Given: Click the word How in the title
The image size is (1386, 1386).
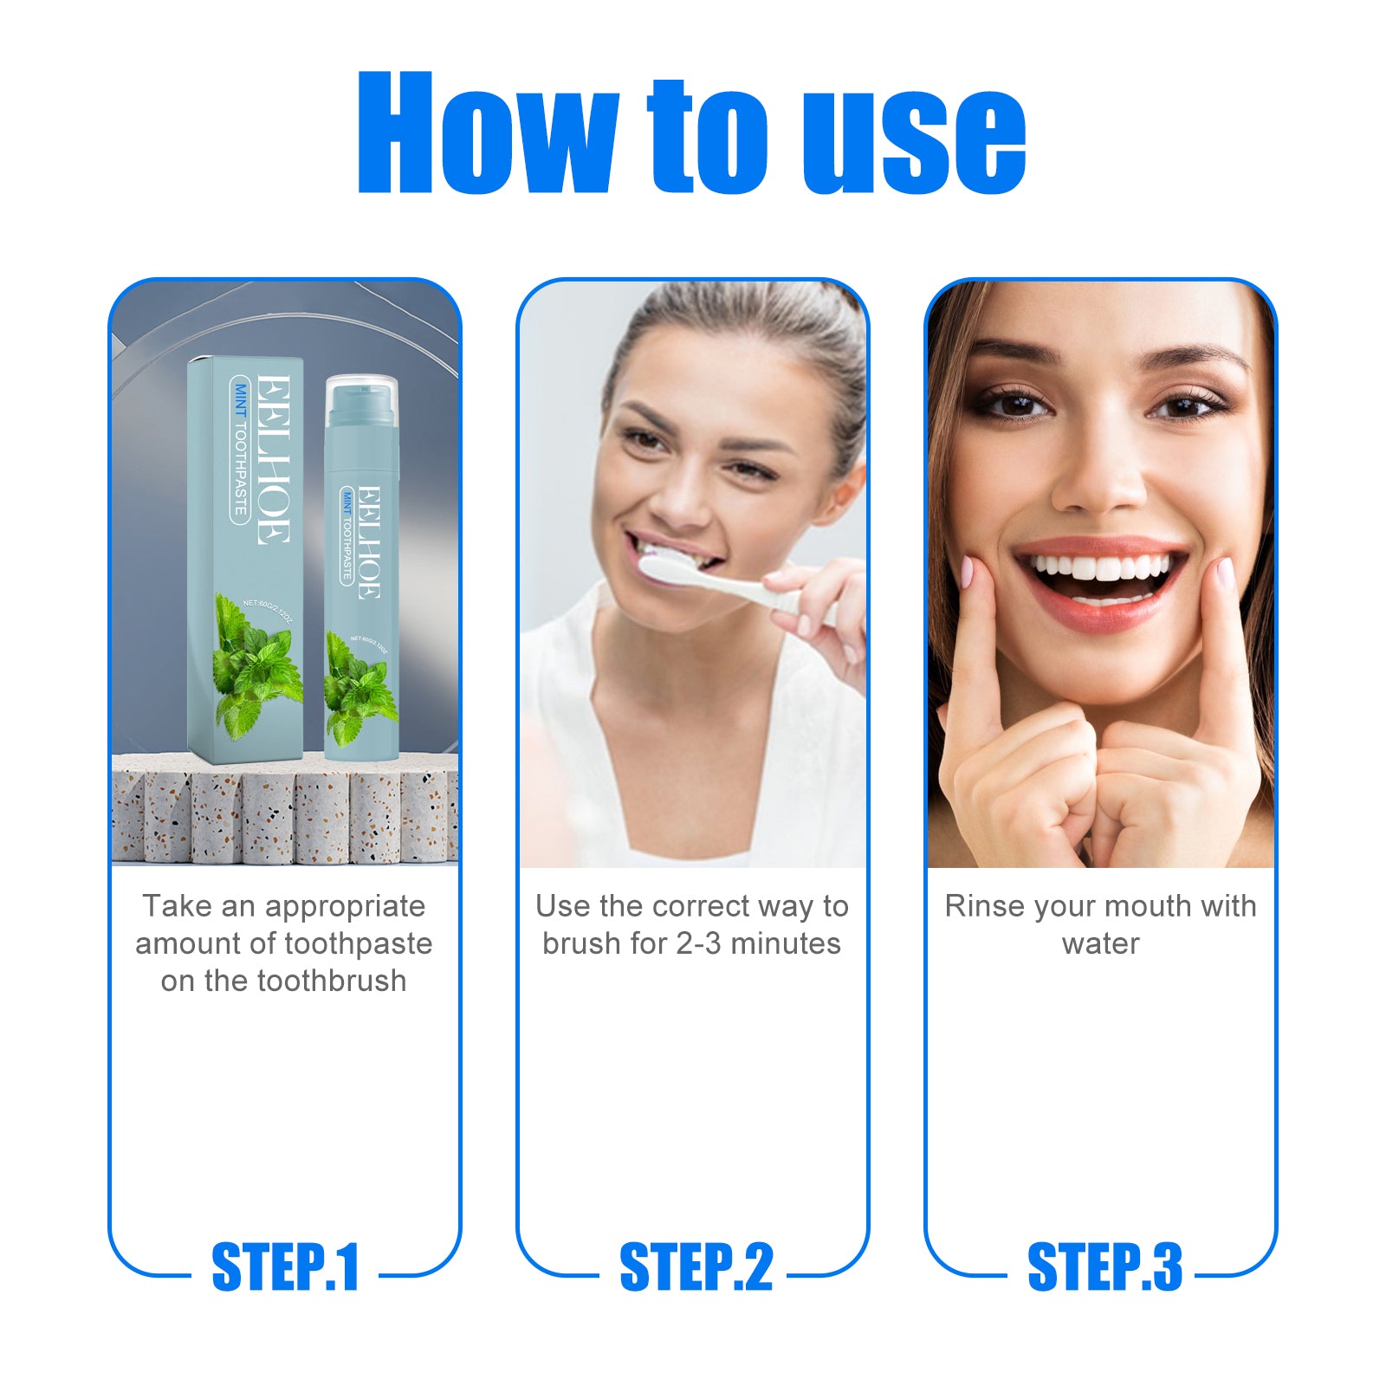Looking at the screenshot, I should pyautogui.click(x=485, y=134).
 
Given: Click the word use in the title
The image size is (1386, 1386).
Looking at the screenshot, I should pyautogui.click(x=913, y=139).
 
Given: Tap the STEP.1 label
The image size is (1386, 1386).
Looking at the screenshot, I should pyautogui.click(x=285, y=1267).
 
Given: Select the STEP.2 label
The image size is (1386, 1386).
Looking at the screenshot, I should pyautogui.click(x=696, y=1267).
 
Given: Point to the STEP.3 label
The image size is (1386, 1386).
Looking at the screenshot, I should pyautogui.click(x=1104, y=1267).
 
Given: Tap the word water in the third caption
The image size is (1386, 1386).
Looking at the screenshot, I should pyautogui.click(x=1100, y=943).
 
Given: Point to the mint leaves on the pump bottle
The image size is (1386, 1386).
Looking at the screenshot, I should pyautogui.click(x=359, y=693).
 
